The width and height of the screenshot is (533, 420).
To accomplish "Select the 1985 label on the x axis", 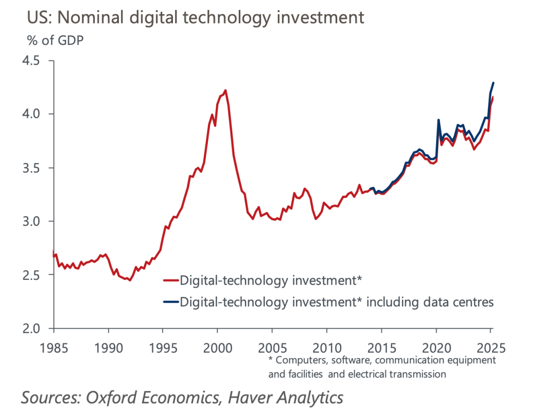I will (54, 346).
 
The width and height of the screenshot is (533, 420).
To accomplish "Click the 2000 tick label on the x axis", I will (218, 346).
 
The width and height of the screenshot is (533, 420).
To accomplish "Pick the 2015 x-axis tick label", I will (381, 346).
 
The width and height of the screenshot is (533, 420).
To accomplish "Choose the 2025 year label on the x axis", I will (490, 346).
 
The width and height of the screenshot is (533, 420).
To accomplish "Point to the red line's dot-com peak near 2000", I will (225, 90).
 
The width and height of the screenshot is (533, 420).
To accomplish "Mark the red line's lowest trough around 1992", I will (130, 280).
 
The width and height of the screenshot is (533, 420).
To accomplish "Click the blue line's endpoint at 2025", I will (493, 83).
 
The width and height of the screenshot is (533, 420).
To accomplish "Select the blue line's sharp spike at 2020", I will (438, 120).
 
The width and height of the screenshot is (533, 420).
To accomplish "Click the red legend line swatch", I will (170, 280).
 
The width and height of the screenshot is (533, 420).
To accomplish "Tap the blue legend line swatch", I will (170, 301).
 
